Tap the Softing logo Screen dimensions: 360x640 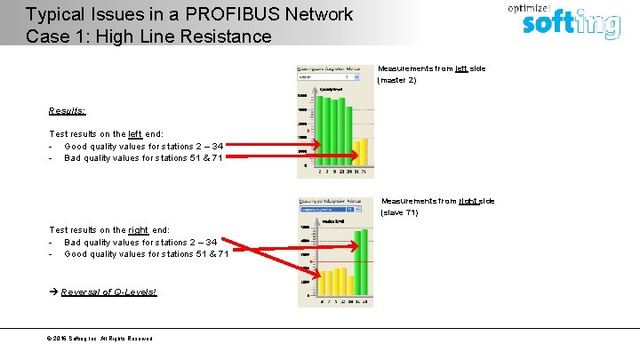tap(570, 24)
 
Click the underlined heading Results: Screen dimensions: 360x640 tap(68, 111)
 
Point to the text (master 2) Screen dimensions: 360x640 tap(396, 80)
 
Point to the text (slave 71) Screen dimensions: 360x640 tap(399, 212)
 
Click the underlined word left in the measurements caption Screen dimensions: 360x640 tap(460, 68)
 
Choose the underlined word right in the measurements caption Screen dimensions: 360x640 tap(468, 201)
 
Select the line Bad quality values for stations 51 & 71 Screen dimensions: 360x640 tap(147, 157)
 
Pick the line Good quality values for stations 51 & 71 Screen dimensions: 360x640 tap(147, 253)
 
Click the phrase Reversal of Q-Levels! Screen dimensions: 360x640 tap(108, 292)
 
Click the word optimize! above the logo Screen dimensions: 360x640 tap(528, 6)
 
